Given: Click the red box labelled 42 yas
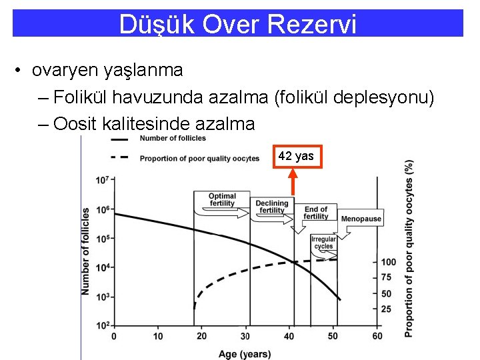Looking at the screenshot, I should pos(296,156).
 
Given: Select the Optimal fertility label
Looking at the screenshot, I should pos(222,200).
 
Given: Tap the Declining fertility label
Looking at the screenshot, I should pos(271,207).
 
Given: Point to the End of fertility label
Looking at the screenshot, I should pos(315,213).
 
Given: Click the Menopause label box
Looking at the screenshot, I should pos(361,219).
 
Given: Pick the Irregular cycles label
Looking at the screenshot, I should pos(323,243).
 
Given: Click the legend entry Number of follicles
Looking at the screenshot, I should pos(173,139).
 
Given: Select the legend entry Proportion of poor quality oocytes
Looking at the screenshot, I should pos(199,159).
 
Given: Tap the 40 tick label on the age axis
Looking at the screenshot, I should pos(289,336).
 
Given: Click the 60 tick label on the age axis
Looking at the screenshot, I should pos(377,336).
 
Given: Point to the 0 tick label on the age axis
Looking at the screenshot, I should pos(114,336).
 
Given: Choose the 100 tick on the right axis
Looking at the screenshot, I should pos(387,262).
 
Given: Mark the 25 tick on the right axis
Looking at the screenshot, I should pos(385,309).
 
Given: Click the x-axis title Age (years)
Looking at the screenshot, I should pos(245,353).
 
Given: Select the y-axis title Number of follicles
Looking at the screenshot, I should pos(86,251).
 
